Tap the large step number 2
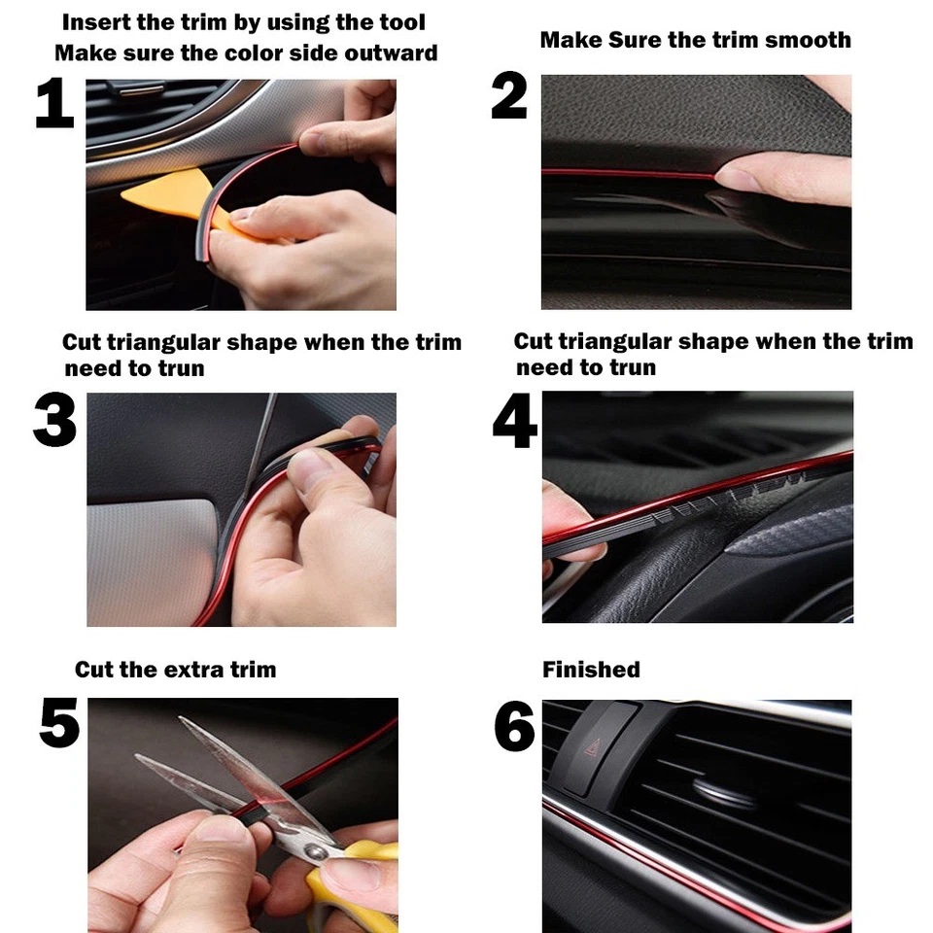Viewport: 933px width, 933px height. pyautogui.click(x=509, y=97)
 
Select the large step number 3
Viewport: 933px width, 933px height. pyautogui.click(x=54, y=421)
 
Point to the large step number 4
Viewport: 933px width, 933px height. pyautogui.click(x=514, y=421)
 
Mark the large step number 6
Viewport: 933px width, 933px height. pyautogui.click(x=514, y=727)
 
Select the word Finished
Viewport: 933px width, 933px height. pyautogui.click(x=591, y=670)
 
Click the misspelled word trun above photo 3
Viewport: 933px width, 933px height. pyautogui.click(x=182, y=368)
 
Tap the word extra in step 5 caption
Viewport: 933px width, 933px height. pyautogui.click(x=186, y=670)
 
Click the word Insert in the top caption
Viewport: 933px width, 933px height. pyautogui.click(x=95, y=21)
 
